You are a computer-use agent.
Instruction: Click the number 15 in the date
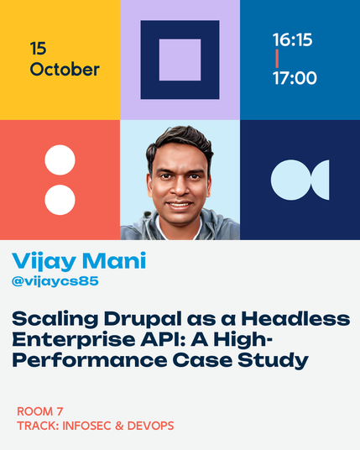pyautogui.click(x=38, y=49)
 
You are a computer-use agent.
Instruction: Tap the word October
pyautogui.click(x=65, y=70)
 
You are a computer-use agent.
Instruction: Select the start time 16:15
pyautogui.click(x=292, y=39)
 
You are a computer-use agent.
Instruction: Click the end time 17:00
pyautogui.click(x=295, y=78)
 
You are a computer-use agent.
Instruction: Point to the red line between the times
pyautogui.click(x=277, y=59)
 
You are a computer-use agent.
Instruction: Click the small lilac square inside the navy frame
pyautogui.click(x=180, y=60)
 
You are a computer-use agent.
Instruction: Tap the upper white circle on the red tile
pyautogui.click(x=60, y=160)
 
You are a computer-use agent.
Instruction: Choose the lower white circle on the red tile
pyautogui.click(x=60, y=200)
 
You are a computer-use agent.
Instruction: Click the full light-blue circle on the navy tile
pyautogui.click(x=291, y=180)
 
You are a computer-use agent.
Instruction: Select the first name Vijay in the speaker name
pyautogui.click(x=44, y=261)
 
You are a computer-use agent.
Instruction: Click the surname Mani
pyautogui.click(x=114, y=260)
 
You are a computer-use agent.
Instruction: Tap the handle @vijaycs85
pyautogui.click(x=55, y=281)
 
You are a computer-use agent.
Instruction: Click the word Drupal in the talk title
pyautogui.click(x=143, y=319)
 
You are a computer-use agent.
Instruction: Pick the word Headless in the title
pyautogui.click(x=295, y=319)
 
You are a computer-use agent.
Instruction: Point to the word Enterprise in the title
pyautogui.click(x=74, y=340)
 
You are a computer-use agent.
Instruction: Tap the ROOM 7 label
pyautogui.click(x=40, y=411)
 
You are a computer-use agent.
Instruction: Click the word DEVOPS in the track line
pyautogui.click(x=150, y=426)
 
